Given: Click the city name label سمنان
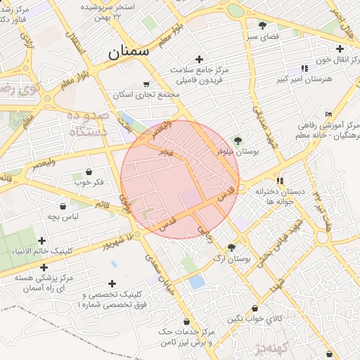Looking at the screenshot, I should tap(129, 51).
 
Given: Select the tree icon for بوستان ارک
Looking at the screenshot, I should tap(231, 247).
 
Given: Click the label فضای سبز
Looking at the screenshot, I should tap(262, 34).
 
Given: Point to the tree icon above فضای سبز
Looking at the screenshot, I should tap(262, 25).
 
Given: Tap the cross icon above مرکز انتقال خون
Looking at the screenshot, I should tap(340, 49).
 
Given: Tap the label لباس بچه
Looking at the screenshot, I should tap(61, 217).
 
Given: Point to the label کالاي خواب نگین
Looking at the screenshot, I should tap(255, 319).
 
